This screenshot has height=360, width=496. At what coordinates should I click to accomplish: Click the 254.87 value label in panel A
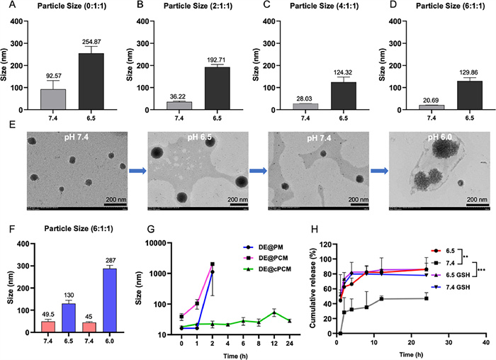tap(86, 42)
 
